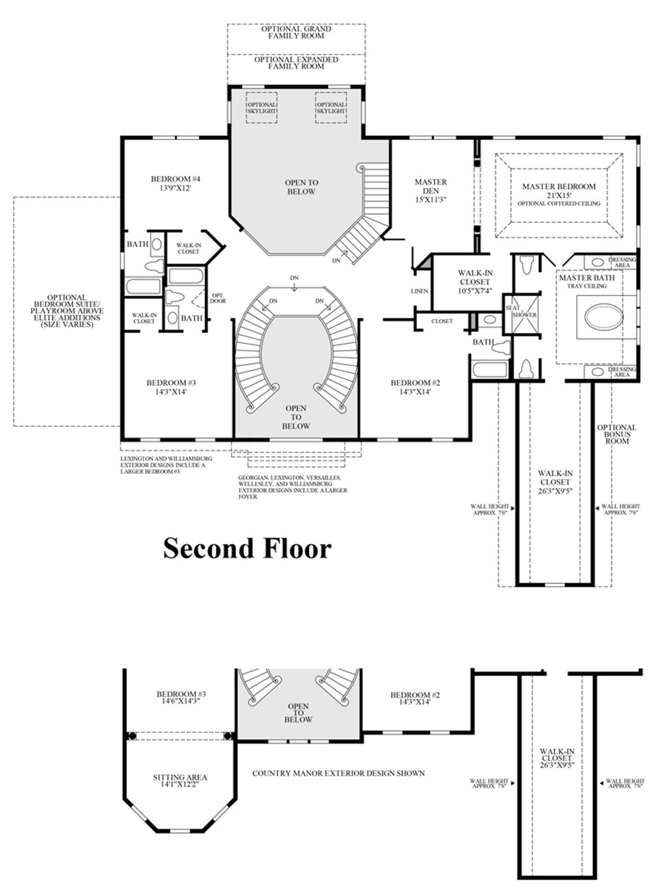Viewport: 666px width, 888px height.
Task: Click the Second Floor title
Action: [x=247, y=548]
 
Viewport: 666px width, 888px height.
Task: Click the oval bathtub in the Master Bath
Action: [x=598, y=319]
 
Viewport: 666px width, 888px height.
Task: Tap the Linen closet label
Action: [x=419, y=291]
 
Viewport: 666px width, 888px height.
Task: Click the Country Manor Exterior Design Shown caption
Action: [x=338, y=773]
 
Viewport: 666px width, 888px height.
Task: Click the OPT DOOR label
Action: [x=216, y=298]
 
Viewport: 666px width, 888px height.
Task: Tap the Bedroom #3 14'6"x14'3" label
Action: [x=177, y=698]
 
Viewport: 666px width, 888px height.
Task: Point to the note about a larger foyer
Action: [x=293, y=488]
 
